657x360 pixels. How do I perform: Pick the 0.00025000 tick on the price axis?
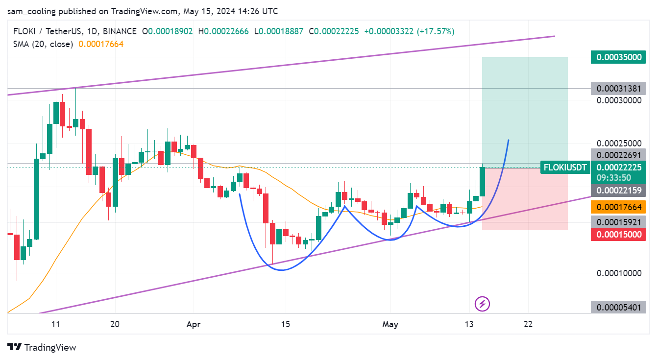619,144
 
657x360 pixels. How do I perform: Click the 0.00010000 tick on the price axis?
619,273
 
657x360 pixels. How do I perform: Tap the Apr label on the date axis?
194,324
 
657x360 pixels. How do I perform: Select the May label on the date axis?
390,324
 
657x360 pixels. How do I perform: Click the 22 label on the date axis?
528,324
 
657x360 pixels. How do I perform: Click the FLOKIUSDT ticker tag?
564,168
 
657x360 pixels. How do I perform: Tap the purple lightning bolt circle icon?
483,304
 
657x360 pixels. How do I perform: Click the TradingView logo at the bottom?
43,347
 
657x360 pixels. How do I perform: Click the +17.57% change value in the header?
436,31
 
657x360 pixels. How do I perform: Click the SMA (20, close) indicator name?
43,44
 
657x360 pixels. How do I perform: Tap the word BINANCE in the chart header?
120,31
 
